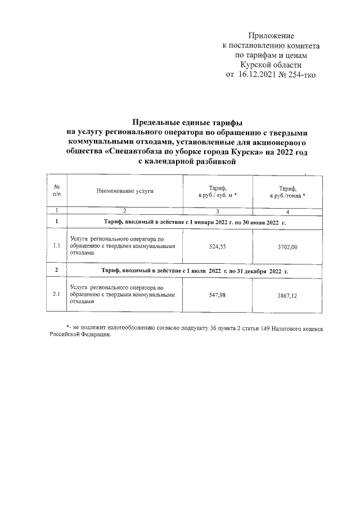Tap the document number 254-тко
[300, 74]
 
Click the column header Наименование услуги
[125, 191]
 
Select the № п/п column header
[56, 191]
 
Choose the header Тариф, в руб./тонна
[287, 191]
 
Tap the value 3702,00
[287, 246]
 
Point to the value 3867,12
[287, 294]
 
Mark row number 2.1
[56, 294]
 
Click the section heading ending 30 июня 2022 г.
[193, 223]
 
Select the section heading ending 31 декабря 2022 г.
[193, 271]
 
